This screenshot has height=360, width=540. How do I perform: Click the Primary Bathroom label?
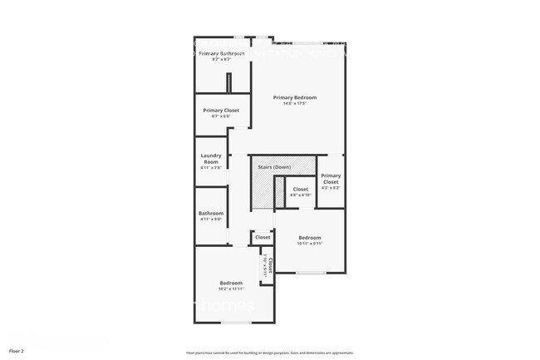pyautogui.click(x=221, y=54)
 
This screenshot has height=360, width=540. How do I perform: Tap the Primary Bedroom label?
pyautogui.click(x=295, y=97)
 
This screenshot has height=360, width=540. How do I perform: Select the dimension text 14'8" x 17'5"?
pyautogui.click(x=295, y=104)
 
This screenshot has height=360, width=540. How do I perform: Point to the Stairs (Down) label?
pyautogui.click(x=274, y=167)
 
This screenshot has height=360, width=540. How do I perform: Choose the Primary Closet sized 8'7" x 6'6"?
pyautogui.click(x=221, y=111)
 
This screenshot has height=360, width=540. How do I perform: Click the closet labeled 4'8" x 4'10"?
pyautogui.click(x=301, y=190)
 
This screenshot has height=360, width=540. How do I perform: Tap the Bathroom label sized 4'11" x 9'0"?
pyautogui.click(x=211, y=214)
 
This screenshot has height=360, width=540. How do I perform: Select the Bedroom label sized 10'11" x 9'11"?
pyautogui.click(x=310, y=238)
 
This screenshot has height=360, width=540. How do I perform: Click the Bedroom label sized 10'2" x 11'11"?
pyautogui.click(x=231, y=283)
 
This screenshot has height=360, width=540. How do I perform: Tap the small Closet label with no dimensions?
pyautogui.click(x=263, y=238)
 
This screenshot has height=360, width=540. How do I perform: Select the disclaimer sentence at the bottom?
pyautogui.click(x=270, y=353)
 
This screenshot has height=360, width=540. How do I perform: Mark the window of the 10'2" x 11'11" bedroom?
pyautogui.click(x=236, y=321)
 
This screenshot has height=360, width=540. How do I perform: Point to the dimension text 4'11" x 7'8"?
pyautogui.click(x=210, y=168)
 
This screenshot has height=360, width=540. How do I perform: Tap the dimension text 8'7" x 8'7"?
pyautogui.click(x=221, y=60)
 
